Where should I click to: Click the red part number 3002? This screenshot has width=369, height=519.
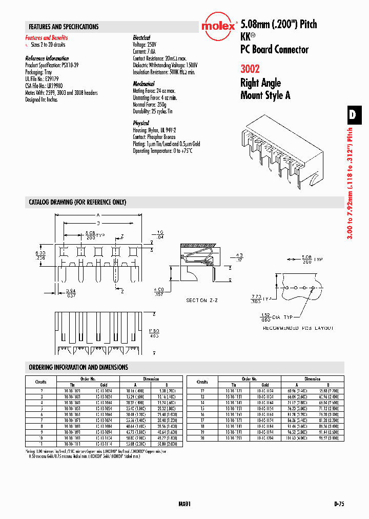coord(250,69)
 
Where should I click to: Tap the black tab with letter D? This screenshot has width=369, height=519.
coord(352,115)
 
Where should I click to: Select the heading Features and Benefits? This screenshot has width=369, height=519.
coord(47,38)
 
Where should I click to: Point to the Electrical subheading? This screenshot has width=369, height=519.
coord(141,38)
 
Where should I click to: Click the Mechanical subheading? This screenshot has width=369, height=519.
coord(143,84)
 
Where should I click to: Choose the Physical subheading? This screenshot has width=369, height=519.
coord(141,123)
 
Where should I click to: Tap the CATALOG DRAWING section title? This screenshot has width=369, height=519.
coord(77,202)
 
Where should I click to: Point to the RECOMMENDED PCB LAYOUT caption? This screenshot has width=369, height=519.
coord(298,328)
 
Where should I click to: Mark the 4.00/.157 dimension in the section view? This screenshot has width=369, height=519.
coord(159,292)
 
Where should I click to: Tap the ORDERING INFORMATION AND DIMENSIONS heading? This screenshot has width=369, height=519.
coord(78,367)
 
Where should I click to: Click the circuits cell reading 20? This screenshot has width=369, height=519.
coord(202,439)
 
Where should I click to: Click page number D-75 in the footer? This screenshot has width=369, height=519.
coord(338,504)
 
